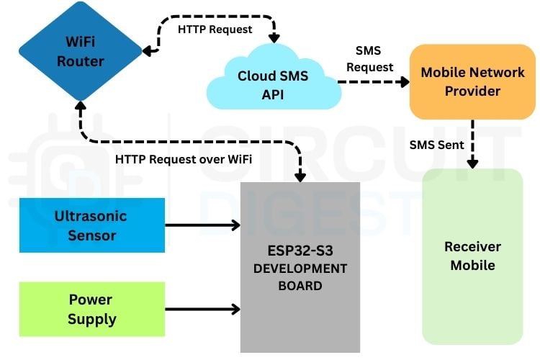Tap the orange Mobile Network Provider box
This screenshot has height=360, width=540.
[x=472, y=81]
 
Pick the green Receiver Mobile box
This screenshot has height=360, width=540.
[x=472, y=256]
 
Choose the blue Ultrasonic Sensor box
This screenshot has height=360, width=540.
[x=91, y=225]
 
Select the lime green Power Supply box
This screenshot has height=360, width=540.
[x=91, y=309]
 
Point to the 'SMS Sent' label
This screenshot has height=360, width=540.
[x=436, y=145]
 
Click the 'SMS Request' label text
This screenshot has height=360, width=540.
[x=370, y=59]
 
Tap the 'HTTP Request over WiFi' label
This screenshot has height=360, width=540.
[x=184, y=158]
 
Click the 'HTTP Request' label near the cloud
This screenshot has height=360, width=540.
[x=215, y=30]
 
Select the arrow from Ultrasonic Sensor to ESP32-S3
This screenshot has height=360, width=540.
[x=202, y=225]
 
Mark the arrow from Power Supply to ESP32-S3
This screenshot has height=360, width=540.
[x=202, y=309]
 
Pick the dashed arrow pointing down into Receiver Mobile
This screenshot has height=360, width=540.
[x=472, y=144]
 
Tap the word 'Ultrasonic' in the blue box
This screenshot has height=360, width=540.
[x=91, y=216]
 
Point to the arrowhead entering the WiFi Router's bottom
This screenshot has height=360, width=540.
[x=81, y=107]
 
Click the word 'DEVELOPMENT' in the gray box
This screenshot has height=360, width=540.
[x=300, y=269]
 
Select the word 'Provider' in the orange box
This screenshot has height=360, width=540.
[x=472, y=91]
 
